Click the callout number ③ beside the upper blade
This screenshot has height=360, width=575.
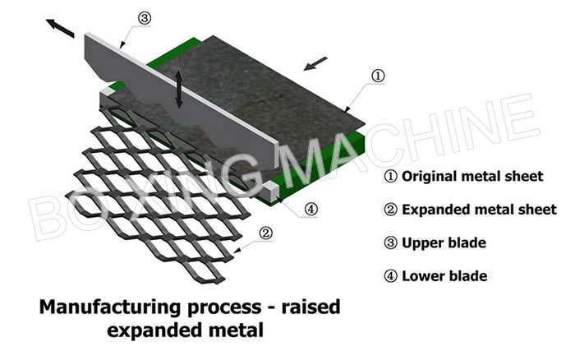[144, 18]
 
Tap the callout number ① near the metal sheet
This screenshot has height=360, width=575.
[378, 76]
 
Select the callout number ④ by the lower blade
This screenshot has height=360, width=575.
[311, 210]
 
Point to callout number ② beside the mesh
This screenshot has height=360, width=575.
[265, 233]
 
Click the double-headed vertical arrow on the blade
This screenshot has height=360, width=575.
[179, 89]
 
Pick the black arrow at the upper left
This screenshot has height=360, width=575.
[60, 28]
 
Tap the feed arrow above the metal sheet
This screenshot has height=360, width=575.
[315, 63]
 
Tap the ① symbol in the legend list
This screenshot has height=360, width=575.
[390, 177]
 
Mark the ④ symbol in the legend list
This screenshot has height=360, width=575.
[390, 276]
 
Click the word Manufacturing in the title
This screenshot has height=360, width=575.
[110, 307]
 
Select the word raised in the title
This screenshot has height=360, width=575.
[311, 307]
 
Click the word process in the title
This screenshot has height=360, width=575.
[224, 308]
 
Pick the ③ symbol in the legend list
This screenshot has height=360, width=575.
[390, 243]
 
